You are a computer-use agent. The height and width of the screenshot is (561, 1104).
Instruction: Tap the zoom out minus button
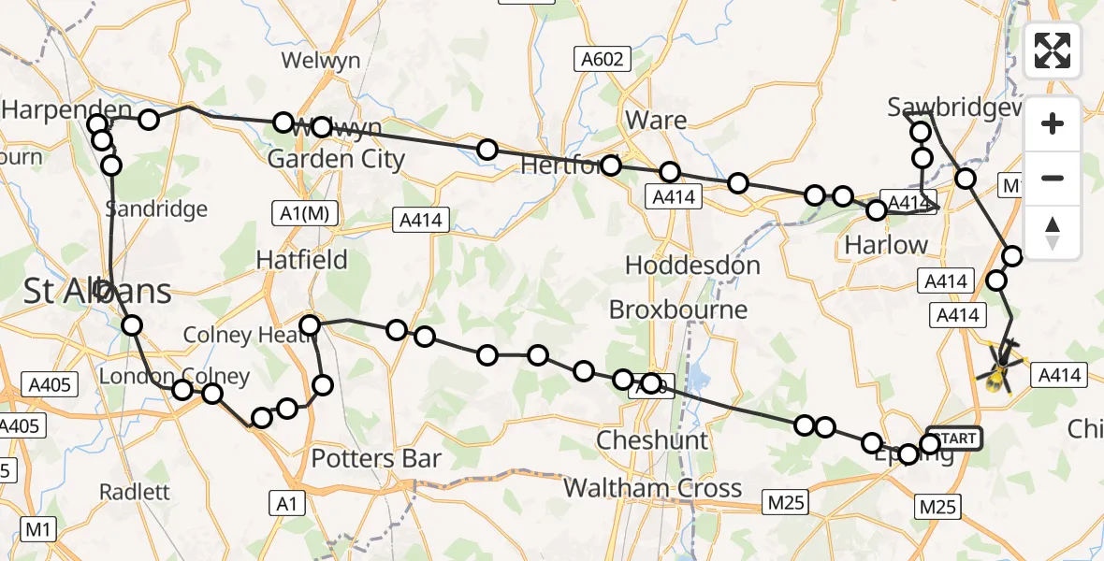point(1053,178)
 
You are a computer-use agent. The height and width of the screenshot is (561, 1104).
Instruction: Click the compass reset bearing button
point(1053,233)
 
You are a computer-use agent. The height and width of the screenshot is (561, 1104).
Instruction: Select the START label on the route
point(954,438)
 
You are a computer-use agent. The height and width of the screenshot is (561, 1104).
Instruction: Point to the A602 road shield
point(602,60)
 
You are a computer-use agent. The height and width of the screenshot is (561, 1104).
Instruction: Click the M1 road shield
point(37,530)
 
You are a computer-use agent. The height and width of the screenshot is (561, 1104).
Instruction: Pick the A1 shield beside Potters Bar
point(287,504)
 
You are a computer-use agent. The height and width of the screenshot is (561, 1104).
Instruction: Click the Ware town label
point(656,120)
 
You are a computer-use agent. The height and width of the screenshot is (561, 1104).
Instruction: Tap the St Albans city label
point(98,291)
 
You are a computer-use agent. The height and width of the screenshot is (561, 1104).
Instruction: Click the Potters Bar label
point(375,458)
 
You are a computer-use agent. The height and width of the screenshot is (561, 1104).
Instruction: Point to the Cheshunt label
point(652,439)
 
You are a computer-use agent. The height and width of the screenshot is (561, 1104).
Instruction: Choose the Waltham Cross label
point(652,487)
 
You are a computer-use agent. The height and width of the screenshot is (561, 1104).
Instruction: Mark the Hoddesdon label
point(692,266)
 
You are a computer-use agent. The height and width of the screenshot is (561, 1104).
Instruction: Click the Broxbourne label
point(678,309)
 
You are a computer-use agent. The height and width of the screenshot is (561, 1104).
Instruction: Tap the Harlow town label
point(886,245)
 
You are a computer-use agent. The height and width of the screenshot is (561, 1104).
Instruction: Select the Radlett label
point(134,492)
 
